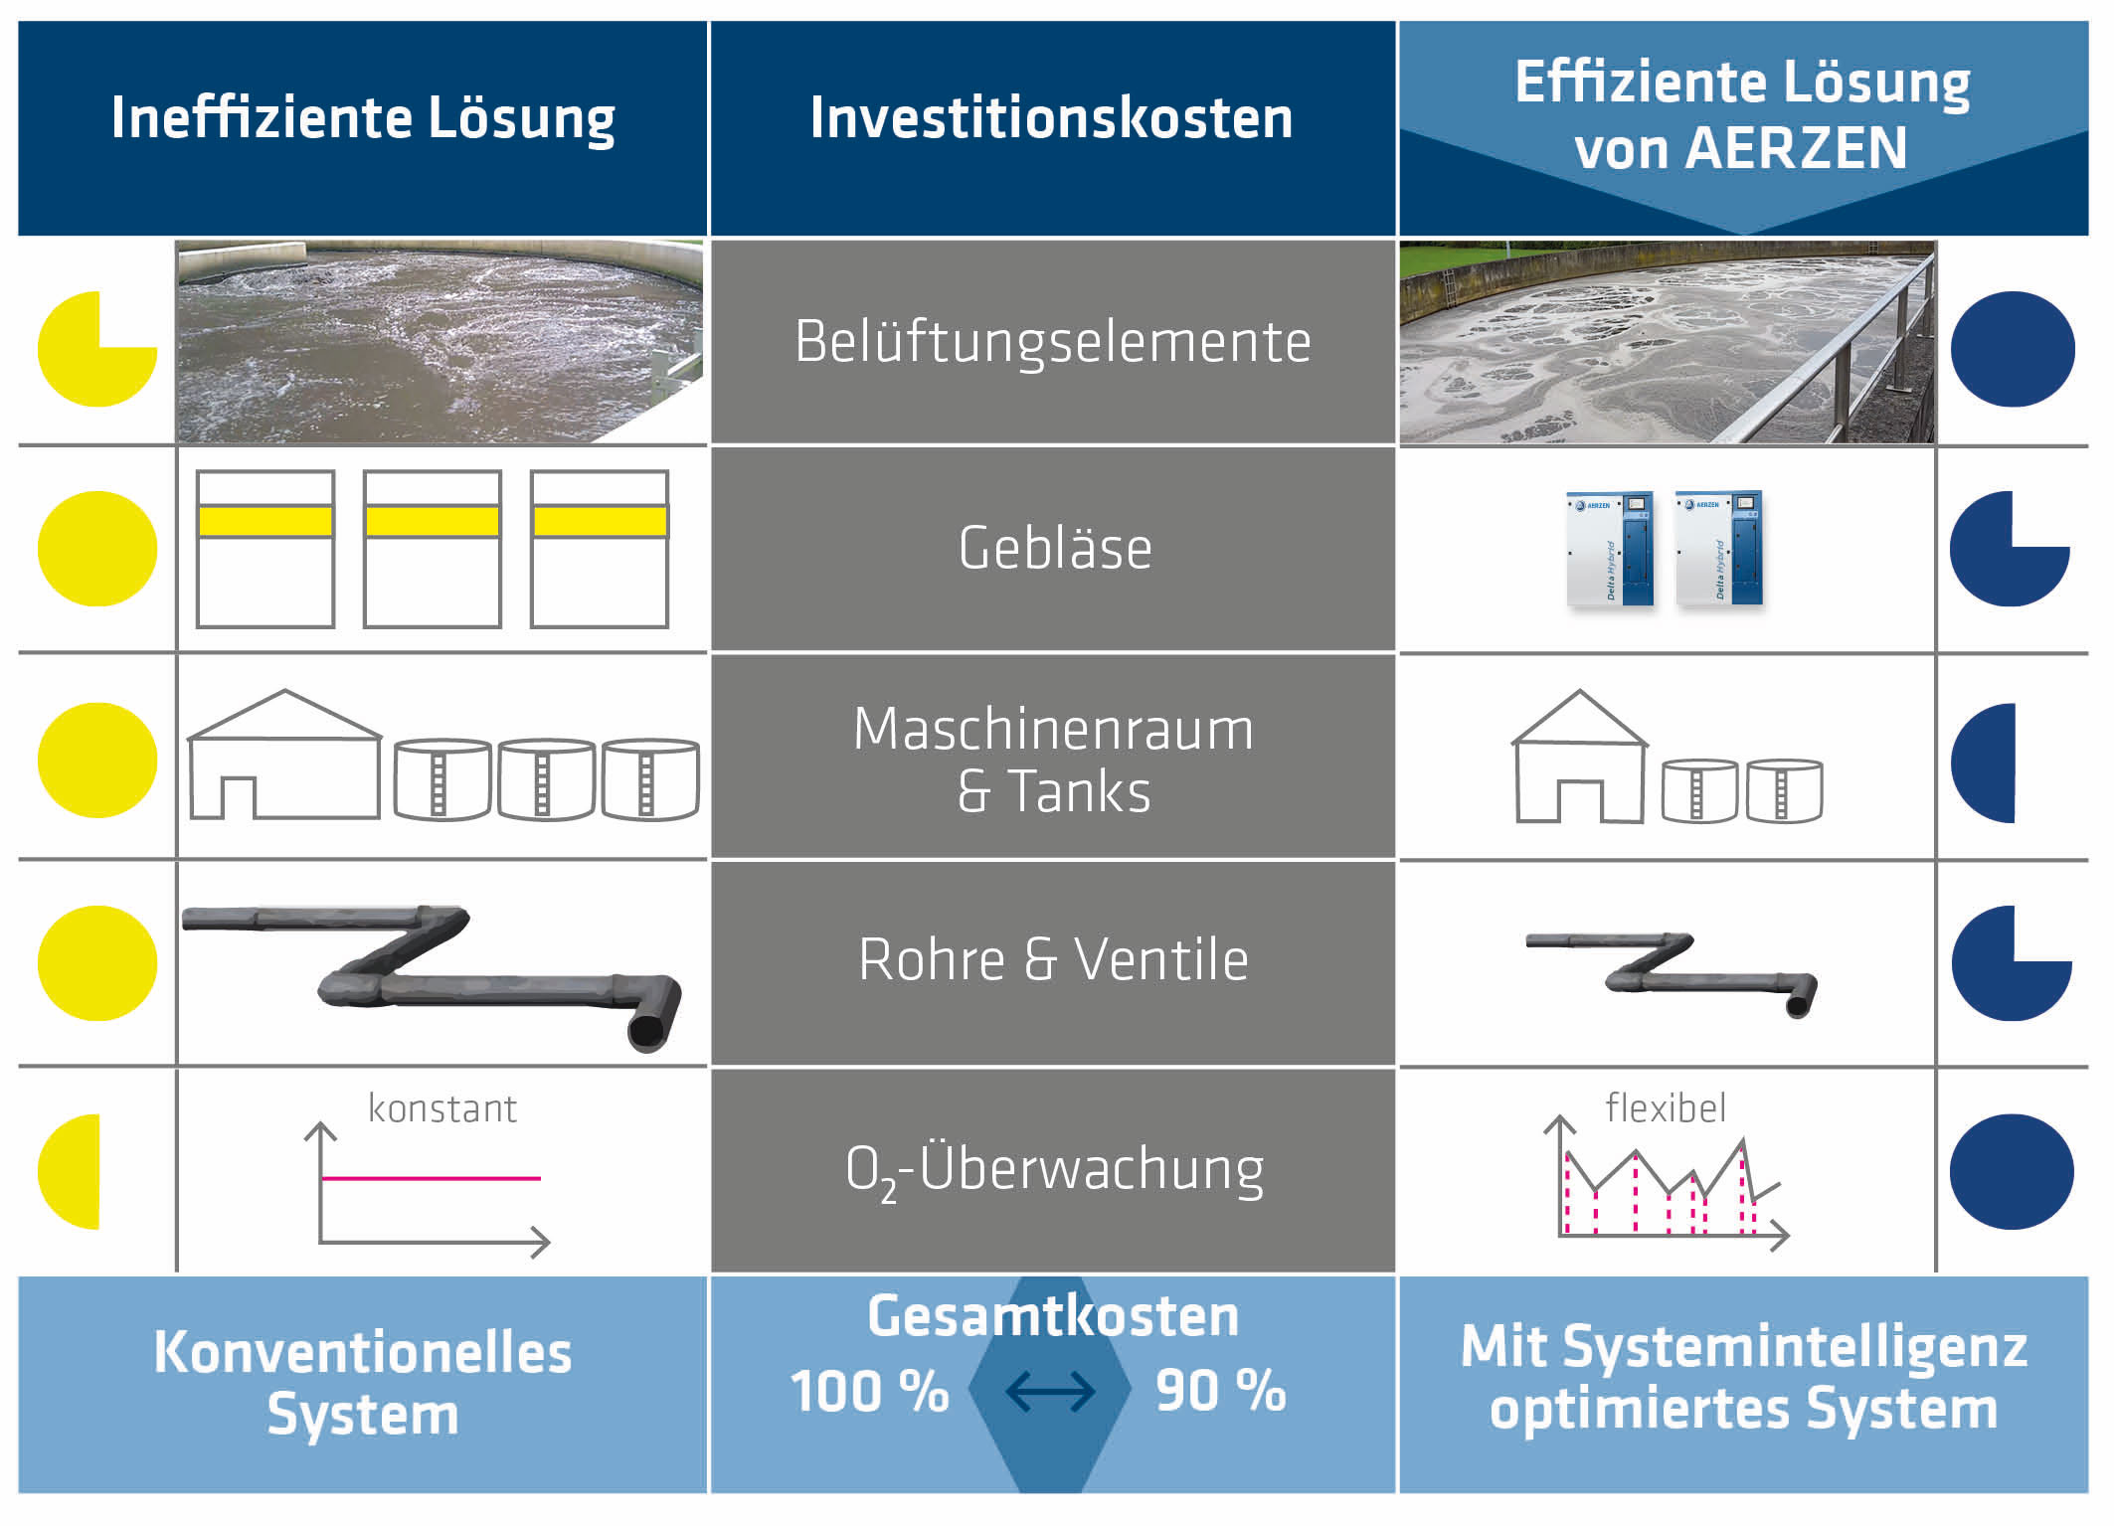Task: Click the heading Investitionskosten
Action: [1051, 117]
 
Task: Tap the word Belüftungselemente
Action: [1052, 342]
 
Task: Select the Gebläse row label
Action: [1054, 548]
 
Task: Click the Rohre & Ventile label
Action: [1052, 959]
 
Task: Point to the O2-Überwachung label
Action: [1054, 1169]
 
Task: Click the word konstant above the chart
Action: [441, 1108]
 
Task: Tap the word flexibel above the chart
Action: [1665, 1107]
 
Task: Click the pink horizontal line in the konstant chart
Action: [431, 1178]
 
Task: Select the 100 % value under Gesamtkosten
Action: [869, 1391]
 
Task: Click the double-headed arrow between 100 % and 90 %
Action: [1050, 1392]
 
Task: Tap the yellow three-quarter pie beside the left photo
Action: [94, 350]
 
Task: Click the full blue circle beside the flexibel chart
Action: [2011, 1171]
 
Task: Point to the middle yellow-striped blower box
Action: [432, 549]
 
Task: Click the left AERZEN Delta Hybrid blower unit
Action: [1609, 548]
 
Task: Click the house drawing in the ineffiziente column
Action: [284, 756]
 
